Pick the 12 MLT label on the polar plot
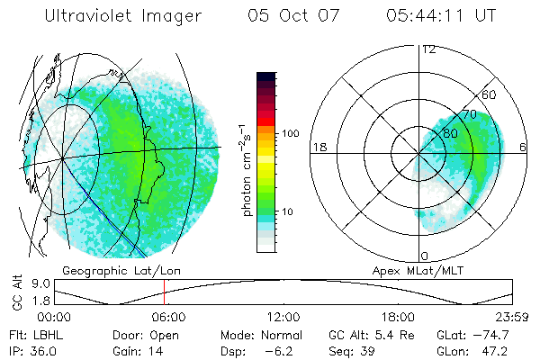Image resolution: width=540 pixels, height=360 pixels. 428,49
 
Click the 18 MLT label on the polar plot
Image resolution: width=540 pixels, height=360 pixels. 319,147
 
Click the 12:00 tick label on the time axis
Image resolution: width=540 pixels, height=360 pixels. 283,317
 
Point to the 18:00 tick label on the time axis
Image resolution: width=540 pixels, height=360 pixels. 398,317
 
